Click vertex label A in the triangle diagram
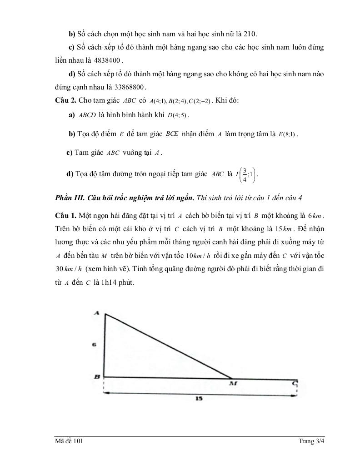point(96,312)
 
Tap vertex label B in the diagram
point(97,377)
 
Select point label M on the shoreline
point(234,384)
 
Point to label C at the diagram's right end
point(295,384)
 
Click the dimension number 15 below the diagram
point(199,398)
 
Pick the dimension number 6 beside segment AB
point(94,345)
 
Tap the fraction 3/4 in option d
point(245,175)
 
